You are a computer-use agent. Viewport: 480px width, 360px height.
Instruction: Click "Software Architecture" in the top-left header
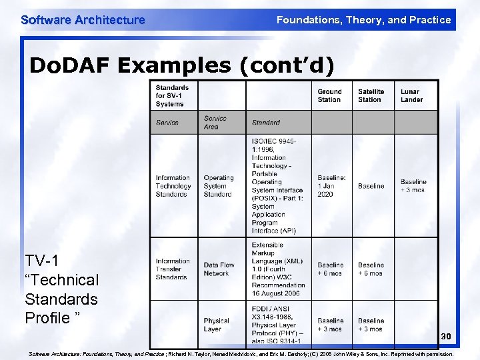click(83, 20)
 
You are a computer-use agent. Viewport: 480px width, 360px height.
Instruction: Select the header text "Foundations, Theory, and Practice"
click(363, 20)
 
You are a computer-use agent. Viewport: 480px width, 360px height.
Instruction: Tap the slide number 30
click(446, 337)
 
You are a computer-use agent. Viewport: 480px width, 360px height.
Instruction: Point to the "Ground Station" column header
click(329, 95)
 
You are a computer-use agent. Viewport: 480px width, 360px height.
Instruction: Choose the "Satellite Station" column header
click(371, 95)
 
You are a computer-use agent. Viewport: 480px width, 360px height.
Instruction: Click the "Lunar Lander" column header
click(412, 95)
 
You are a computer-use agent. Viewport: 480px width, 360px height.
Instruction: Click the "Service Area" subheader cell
click(215, 122)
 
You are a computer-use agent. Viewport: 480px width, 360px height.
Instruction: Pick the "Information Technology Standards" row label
click(173, 186)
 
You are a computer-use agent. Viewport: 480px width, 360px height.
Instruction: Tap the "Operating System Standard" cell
click(219, 186)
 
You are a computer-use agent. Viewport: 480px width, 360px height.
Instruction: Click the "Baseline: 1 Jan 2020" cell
click(331, 186)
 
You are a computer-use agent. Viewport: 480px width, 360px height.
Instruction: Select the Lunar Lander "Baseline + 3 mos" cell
click(413, 186)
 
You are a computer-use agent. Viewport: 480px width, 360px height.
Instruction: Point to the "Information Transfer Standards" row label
click(173, 269)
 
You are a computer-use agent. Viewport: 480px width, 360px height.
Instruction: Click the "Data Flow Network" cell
click(219, 269)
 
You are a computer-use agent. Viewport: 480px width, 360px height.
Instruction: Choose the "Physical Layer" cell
click(217, 325)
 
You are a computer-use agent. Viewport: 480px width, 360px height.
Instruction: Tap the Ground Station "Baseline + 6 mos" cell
click(331, 269)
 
